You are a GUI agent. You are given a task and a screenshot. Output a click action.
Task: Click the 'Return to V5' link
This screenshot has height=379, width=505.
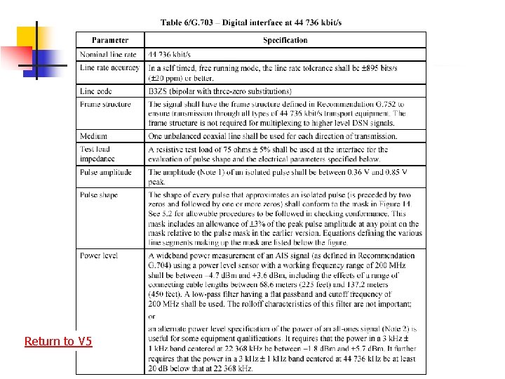pos(58,341)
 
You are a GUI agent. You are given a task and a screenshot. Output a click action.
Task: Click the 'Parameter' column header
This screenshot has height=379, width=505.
pos(110,40)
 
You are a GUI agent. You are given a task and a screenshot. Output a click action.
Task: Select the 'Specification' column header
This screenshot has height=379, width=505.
pos(285,40)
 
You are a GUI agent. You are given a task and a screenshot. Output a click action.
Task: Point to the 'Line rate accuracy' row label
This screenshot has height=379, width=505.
pos(109,67)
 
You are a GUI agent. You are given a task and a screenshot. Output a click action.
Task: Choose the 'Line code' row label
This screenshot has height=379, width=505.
pos(96,91)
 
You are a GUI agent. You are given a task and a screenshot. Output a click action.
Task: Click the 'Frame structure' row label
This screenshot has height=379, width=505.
pos(105,105)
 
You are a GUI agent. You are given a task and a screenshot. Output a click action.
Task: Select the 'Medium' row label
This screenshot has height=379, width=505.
pos(93,136)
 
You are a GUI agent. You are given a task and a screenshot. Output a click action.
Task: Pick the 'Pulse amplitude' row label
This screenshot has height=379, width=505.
pos(105,171)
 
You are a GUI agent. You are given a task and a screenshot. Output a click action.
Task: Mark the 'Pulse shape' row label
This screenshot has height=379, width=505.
pos(99,194)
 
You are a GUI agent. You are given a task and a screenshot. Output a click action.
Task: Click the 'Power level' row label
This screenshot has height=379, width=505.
pos(98,255)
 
